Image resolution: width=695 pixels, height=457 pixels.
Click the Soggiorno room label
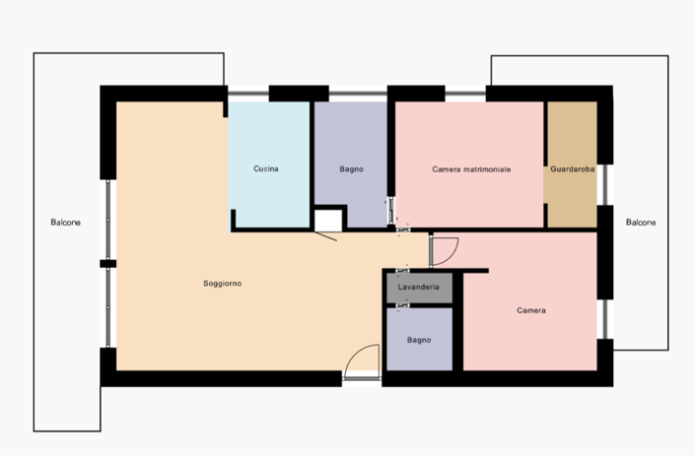tap(222, 284)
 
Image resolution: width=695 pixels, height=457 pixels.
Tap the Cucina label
tap(265, 169)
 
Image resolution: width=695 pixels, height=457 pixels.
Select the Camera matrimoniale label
tap(471, 169)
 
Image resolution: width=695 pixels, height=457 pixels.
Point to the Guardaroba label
tap(573, 169)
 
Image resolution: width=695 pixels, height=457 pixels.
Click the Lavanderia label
tap(418, 287)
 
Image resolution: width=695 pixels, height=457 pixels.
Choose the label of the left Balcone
tap(66, 223)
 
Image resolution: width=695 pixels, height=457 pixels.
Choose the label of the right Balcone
tap(641, 223)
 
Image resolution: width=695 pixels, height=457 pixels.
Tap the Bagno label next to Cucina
tap(351, 169)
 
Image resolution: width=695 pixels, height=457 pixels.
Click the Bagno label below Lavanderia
tap(418, 340)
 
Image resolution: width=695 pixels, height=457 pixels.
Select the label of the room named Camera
tap(530, 311)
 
